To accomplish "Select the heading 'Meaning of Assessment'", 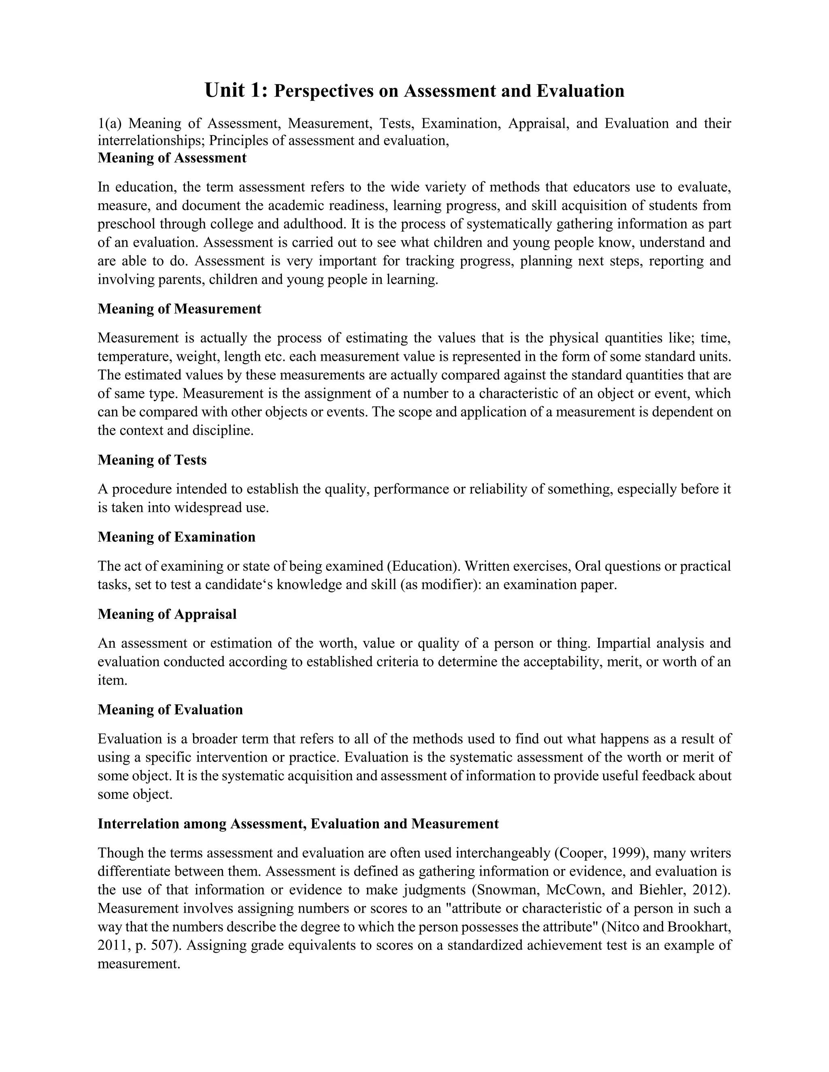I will coord(172,158).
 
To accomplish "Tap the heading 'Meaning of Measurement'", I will coord(179,309).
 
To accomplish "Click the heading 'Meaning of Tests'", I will coord(152,460).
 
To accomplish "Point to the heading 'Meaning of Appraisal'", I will coord(167,614).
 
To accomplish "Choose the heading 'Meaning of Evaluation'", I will coord(170,710).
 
